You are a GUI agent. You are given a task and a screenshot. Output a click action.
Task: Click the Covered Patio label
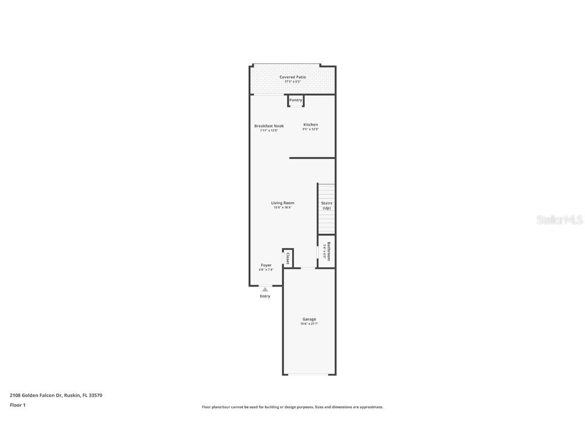pyautogui.click(x=292, y=77)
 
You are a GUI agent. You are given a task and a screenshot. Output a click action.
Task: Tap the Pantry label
pyautogui.click(x=296, y=100)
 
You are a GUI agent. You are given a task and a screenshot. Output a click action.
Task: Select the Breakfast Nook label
pyautogui.click(x=269, y=126)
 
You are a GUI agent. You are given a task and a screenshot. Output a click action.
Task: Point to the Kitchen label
pyautogui.click(x=311, y=124)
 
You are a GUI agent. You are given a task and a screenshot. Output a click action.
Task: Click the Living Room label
pyautogui.click(x=282, y=203)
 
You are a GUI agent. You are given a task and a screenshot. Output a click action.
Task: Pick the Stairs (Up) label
pyautogui.click(x=327, y=205)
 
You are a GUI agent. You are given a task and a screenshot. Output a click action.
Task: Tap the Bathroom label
pyautogui.click(x=329, y=251)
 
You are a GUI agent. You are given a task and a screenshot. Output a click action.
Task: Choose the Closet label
pyautogui.click(x=288, y=258)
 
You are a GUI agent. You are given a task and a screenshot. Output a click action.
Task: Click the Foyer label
pyautogui.click(x=266, y=265)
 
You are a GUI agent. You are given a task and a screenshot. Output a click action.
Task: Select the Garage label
pyautogui.click(x=309, y=319)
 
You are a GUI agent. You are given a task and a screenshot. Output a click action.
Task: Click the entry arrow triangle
pyautogui.click(x=265, y=289)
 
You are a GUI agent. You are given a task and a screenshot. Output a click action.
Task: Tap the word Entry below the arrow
pyautogui.click(x=265, y=296)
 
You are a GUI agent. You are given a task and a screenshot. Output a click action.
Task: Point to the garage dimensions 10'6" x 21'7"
pyautogui.click(x=309, y=324)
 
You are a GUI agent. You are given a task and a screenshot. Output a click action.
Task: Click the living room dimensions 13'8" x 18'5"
pyautogui.click(x=282, y=207)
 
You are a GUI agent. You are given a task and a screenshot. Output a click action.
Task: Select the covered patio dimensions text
pyautogui.click(x=292, y=81)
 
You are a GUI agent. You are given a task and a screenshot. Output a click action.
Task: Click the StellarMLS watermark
pyautogui.click(x=560, y=220)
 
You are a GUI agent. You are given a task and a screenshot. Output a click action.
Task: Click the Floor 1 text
pyautogui.click(x=17, y=405)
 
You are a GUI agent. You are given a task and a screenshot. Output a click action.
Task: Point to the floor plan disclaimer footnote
pyautogui.click(x=292, y=407)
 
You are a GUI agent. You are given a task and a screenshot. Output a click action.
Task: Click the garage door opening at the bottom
pyautogui.click(x=309, y=374)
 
